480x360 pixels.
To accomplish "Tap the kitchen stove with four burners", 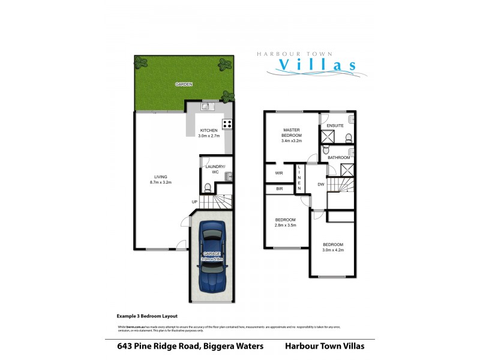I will (x=227, y=124).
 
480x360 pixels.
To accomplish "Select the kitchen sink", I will (x=206, y=107).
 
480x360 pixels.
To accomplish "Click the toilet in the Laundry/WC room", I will (x=207, y=188).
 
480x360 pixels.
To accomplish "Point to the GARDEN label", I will (x=184, y=85).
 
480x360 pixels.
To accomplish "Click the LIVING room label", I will (x=161, y=176).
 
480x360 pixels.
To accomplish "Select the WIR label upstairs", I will (x=278, y=173).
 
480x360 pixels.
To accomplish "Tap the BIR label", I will (x=279, y=189).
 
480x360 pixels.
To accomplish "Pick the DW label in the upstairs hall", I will (x=321, y=185).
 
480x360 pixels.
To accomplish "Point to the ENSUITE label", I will (x=335, y=125).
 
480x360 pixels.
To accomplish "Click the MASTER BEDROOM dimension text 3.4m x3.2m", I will (x=291, y=142).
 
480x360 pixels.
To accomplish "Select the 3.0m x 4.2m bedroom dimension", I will (x=333, y=251).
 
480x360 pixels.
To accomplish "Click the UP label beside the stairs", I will (x=195, y=201).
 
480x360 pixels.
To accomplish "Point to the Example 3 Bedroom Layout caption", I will (x=146, y=315).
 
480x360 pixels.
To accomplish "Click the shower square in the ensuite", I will (x=328, y=137).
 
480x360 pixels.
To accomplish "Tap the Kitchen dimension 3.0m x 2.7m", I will (x=209, y=136).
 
